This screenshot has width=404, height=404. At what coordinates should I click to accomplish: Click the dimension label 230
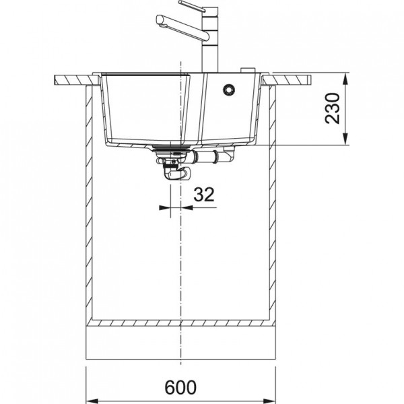pos(333,108)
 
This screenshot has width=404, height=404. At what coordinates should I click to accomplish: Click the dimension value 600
pos(180,387)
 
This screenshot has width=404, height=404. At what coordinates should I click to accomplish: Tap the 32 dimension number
pos(204,195)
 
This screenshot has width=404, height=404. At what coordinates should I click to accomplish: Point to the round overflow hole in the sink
pos(229,89)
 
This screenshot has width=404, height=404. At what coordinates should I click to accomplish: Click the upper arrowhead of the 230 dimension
pos(345,78)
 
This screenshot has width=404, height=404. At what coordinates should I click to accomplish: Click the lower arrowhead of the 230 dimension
pos(345,139)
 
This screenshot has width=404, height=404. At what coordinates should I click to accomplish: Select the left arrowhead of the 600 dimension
pos(92,401)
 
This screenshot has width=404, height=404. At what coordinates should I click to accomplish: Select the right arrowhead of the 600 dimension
pos(269,401)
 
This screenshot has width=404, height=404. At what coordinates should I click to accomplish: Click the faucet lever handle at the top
pos(192,6)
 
